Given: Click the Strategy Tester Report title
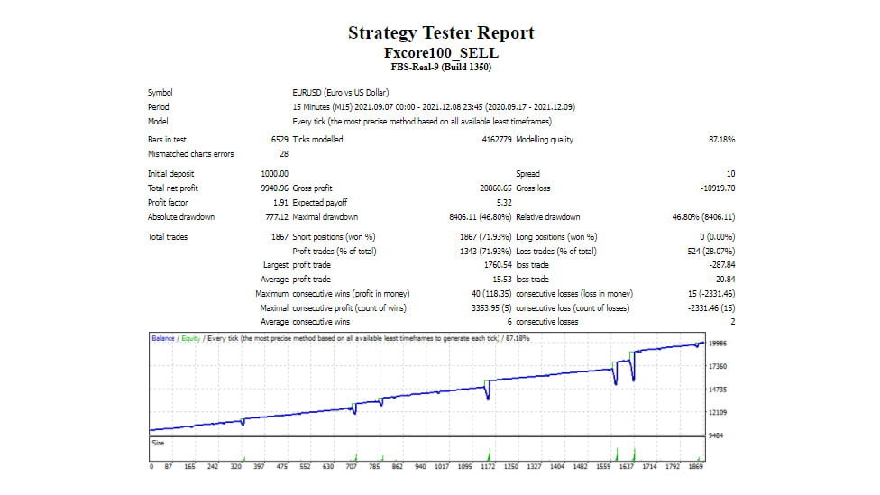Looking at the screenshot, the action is click(x=441, y=33).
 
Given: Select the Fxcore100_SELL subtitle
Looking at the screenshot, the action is click(x=441, y=53).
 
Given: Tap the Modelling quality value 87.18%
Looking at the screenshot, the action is click(x=721, y=139).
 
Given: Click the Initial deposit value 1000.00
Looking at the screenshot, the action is click(x=274, y=174).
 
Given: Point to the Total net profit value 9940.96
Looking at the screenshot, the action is click(x=274, y=188).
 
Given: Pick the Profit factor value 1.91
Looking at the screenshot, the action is click(x=280, y=203).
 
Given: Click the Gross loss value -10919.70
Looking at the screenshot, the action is click(x=718, y=188).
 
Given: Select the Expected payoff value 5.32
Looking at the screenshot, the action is click(x=504, y=203).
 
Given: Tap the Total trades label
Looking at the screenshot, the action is click(x=168, y=237).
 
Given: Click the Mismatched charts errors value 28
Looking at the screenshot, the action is click(x=284, y=154).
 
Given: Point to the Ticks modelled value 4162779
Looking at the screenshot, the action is click(x=497, y=139).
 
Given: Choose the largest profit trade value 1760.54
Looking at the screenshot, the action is click(x=498, y=265).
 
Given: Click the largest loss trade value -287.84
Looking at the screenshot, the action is click(x=722, y=265).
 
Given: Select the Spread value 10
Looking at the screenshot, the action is click(x=730, y=174).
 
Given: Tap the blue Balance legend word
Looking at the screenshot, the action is click(x=163, y=338).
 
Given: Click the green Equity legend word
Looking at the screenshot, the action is click(x=191, y=338).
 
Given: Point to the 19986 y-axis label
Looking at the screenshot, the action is click(x=718, y=344).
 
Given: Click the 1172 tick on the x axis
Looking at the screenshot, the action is click(x=488, y=466).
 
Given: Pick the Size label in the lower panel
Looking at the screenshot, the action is click(x=159, y=443).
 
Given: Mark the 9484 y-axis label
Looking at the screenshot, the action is click(x=716, y=435).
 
